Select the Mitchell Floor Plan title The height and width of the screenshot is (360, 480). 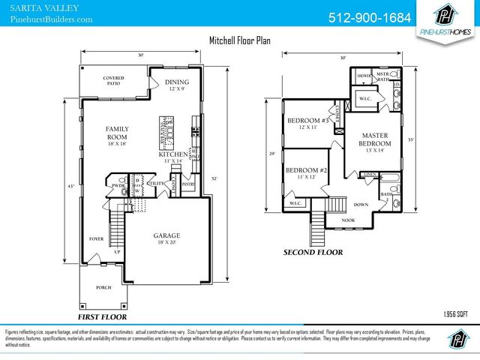(x=239, y=41)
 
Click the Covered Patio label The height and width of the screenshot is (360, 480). (x=113, y=80)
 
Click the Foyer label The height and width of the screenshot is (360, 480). (x=97, y=239)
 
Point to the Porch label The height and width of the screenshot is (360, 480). (x=103, y=287)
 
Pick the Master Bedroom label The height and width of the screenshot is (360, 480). (x=374, y=143)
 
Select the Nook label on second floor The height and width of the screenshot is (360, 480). (x=349, y=220)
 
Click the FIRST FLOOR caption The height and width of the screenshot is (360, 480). (x=102, y=306)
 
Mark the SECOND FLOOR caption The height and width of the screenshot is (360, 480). (x=313, y=253)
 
